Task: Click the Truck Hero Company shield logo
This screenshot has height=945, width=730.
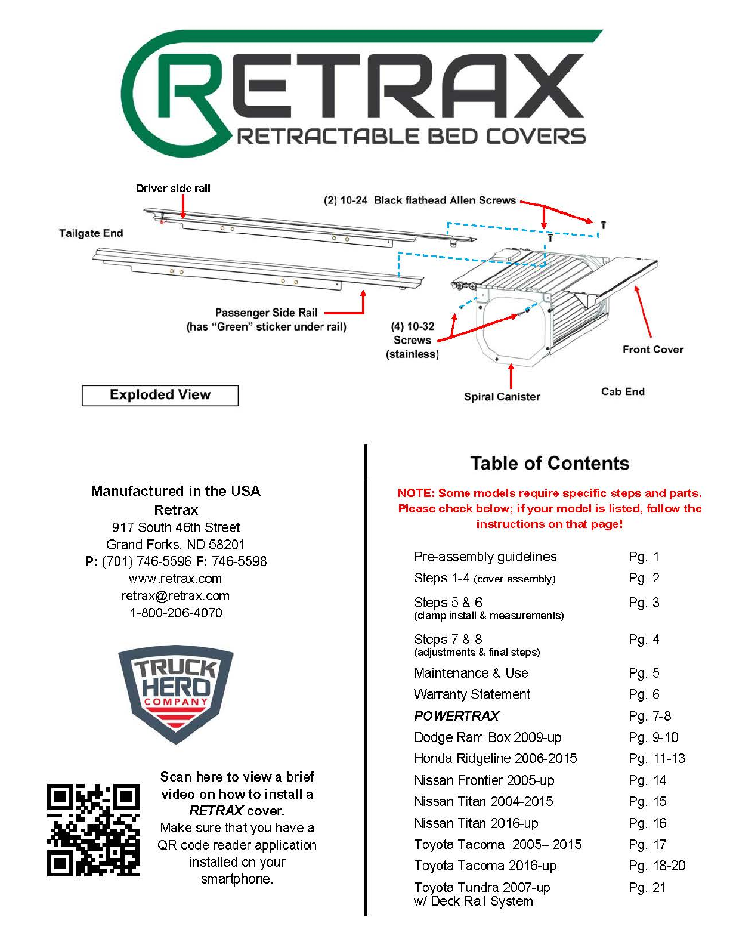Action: point(175,693)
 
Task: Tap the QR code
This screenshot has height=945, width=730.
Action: point(94,830)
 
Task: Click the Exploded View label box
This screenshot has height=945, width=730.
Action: point(160,395)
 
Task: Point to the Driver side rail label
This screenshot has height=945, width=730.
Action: point(173,189)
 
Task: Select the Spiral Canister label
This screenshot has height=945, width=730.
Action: point(502,397)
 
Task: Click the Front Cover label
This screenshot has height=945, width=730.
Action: point(652,350)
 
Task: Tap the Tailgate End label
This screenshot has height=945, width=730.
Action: point(91,233)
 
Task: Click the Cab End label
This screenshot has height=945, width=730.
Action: point(623,391)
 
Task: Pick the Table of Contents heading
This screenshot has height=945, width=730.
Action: point(549,464)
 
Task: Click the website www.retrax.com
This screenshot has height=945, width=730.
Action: point(175,579)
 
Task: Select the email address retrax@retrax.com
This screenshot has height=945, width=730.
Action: point(175,595)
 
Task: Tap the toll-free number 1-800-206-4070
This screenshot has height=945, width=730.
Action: point(176,613)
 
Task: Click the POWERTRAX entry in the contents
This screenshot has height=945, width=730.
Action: point(457,716)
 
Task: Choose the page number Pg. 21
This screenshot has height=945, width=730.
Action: point(647,888)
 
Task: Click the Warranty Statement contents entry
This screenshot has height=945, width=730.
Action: point(472,694)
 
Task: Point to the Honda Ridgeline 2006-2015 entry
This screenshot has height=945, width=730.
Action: point(496,759)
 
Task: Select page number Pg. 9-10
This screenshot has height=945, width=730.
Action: point(653,737)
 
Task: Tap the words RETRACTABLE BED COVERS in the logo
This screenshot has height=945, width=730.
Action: point(412,137)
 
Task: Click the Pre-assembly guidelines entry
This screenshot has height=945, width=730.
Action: point(485,557)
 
